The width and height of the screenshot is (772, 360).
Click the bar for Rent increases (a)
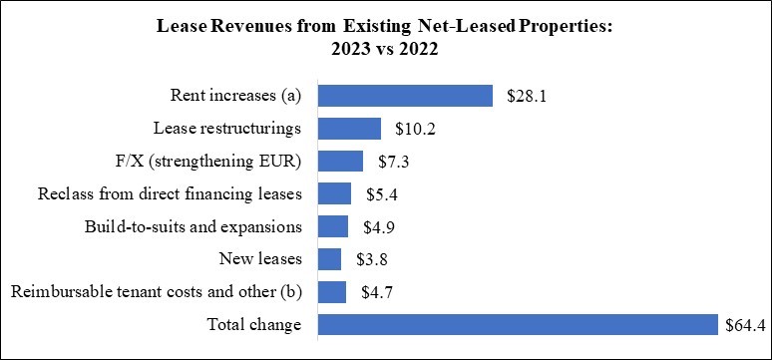click(x=405, y=96)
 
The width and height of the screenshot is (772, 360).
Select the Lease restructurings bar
click(x=349, y=129)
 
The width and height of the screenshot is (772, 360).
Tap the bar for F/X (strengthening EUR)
click(x=340, y=162)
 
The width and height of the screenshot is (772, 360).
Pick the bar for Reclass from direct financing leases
click(x=334, y=193)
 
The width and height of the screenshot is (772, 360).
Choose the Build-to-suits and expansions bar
click(x=332, y=226)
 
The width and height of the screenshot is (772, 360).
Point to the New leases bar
click(x=329, y=259)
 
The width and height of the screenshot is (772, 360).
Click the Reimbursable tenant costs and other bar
click(x=331, y=292)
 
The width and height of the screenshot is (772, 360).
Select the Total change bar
click(x=518, y=325)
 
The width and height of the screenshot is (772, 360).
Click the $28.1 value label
click(x=528, y=96)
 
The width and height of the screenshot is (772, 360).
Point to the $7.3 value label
click(x=393, y=162)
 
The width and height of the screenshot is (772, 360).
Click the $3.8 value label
click(x=372, y=259)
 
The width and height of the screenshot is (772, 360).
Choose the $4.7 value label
click(x=377, y=292)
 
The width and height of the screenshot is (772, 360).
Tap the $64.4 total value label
click(x=746, y=325)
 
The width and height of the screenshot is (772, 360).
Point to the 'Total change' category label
click(x=253, y=325)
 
